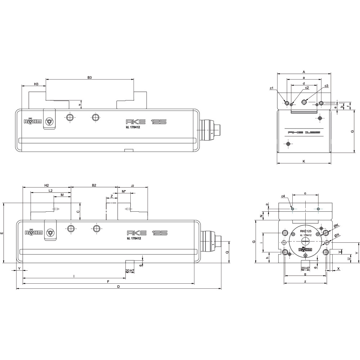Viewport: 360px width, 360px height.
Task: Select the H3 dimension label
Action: tap(36, 84)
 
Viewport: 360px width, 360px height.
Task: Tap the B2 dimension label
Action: tap(94, 185)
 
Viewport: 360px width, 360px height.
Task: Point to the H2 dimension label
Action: tap(46, 185)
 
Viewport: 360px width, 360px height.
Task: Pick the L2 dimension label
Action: tap(50, 190)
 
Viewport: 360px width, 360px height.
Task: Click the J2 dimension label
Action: tap(132, 185)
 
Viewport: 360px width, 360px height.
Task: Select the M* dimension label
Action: tap(124, 191)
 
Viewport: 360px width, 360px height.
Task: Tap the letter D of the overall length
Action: tap(118, 287)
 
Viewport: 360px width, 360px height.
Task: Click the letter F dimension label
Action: tap(108, 282)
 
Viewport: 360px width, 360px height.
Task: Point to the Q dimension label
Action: tap(227, 252)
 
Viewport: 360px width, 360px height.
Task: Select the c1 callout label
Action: tap(272, 88)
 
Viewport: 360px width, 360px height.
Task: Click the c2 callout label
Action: tap(307, 87)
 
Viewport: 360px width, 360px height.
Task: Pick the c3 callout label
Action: tap(326, 86)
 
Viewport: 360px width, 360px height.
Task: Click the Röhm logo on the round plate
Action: tap(305, 249)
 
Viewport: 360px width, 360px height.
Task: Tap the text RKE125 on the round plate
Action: tap(306, 231)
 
